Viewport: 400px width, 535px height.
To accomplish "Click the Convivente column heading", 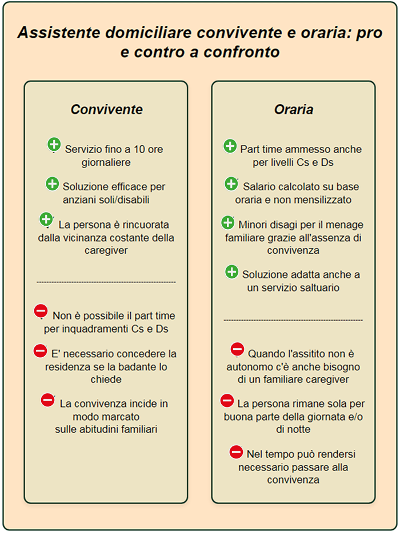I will point(106,109).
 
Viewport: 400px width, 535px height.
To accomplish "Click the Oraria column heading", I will point(293,109).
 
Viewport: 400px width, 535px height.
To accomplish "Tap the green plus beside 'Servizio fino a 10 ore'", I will point(54,145).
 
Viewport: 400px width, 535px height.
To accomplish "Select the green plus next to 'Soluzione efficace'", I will point(52,183).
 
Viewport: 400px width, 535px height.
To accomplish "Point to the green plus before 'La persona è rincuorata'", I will point(46,219).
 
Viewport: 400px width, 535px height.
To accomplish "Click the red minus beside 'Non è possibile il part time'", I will point(41,311).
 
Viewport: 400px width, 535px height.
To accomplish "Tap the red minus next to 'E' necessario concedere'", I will point(40,350).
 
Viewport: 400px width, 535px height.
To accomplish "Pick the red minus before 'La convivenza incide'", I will point(48,400).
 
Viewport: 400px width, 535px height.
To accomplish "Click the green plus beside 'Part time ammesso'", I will point(230,146).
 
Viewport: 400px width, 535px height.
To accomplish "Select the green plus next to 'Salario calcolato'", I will point(231,183).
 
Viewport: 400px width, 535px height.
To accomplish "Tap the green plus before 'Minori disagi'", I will point(227,222).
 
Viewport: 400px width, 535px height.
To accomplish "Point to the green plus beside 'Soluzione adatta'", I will point(231,272).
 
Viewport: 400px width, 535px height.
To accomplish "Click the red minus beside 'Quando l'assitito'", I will point(237,349).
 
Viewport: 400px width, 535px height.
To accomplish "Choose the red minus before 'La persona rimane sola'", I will point(227,400).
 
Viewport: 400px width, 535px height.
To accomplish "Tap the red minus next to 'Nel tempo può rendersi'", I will point(236,452).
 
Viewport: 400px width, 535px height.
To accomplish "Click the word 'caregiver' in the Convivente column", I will point(106,250).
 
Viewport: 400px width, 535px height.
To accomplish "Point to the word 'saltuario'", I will point(318,288).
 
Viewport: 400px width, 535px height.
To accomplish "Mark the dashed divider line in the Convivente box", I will point(106,282).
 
